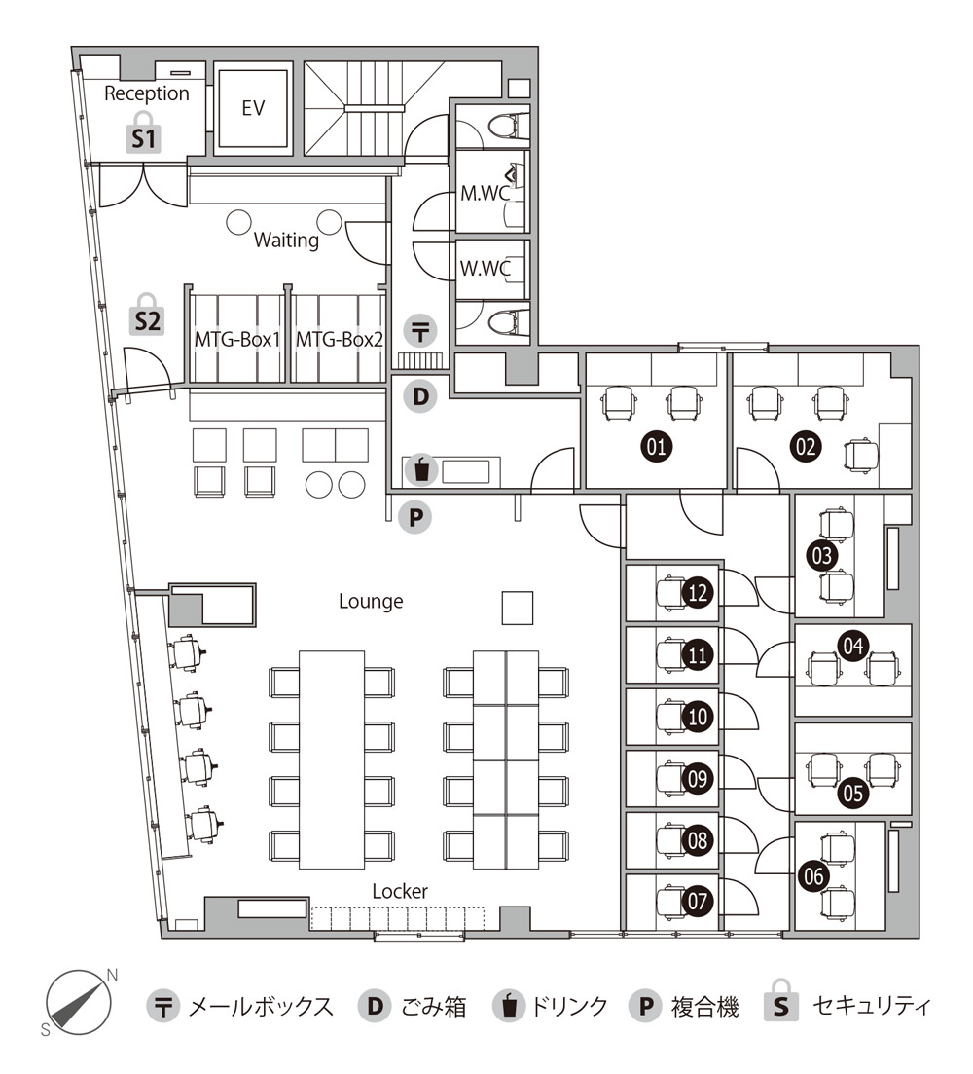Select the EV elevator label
[x=253, y=107]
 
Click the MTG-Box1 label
[x=237, y=339]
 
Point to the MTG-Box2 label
[x=340, y=339]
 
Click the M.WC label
[x=485, y=193]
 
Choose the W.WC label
[x=486, y=268]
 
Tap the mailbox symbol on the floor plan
[x=420, y=331]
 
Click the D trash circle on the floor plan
[x=420, y=396]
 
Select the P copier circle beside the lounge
[x=415, y=517]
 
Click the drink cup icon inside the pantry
[x=420, y=470]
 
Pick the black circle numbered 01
[x=656, y=446]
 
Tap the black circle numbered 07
[x=698, y=900]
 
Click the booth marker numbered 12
[x=698, y=592]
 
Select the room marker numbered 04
[x=853, y=646]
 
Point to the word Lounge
[x=371, y=602]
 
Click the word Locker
[x=400, y=891]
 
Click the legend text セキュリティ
[x=871, y=1006]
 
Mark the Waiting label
[x=286, y=241]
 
